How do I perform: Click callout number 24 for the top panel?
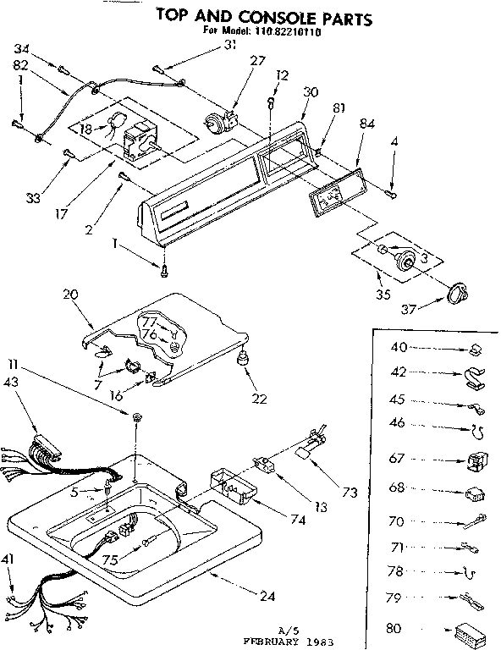268,597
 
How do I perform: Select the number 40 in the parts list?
397,347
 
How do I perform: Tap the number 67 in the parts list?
396,458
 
